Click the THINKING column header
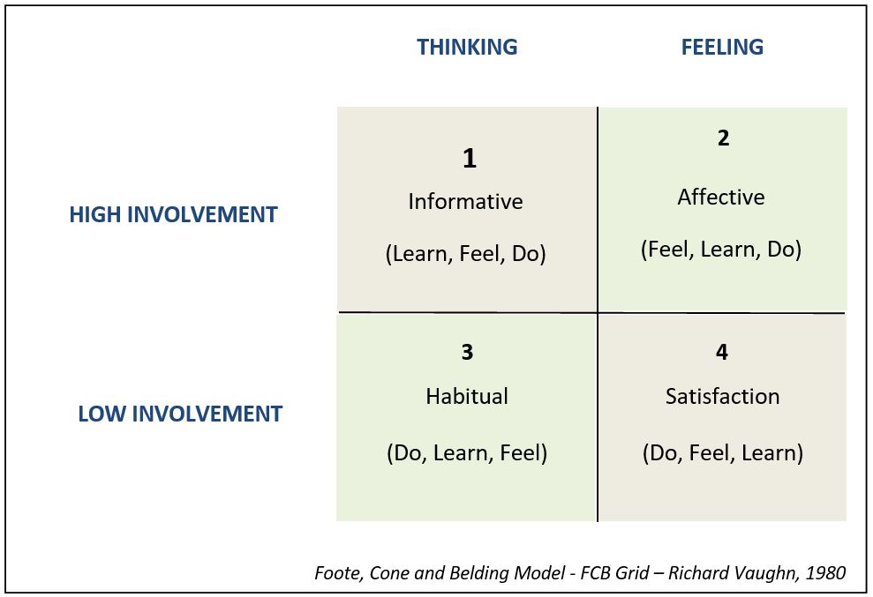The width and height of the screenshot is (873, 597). [467, 48]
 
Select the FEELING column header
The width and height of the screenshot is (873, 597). [722, 48]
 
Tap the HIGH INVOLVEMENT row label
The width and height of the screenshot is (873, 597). [173, 215]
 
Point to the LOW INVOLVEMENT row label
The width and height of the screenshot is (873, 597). [180, 414]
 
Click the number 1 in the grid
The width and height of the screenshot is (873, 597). [470, 159]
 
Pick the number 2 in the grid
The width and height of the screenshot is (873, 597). [723, 138]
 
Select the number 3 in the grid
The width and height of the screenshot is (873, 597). [467, 352]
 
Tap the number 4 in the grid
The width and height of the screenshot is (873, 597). [721, 352]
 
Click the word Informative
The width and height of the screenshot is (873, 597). [465, 201]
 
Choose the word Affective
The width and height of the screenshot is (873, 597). [721, 197]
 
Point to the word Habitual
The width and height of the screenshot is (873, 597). [467, 396]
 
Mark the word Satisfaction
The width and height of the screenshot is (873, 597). [722, 396]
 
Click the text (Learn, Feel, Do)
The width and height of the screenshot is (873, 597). [465, 254]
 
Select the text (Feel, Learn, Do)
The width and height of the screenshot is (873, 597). [721, 250]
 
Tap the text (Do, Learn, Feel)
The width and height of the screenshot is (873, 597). [467, 453]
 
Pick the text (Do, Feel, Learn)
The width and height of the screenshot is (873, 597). [723, 453]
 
